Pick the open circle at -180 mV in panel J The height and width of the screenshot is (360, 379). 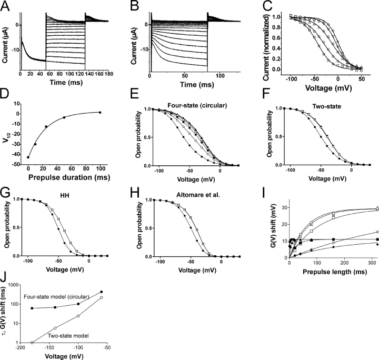coord(32,342)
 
